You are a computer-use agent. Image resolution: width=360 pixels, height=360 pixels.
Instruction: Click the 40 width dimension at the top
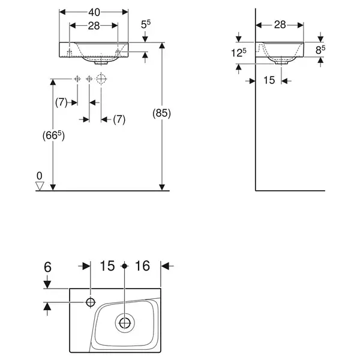pos(94,13)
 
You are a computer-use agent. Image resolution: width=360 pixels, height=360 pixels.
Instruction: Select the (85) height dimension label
pos(161,113)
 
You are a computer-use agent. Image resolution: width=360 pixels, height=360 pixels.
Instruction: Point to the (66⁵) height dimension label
pos(53,136)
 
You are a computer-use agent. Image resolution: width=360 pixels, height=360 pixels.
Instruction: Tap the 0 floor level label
pos(39,176)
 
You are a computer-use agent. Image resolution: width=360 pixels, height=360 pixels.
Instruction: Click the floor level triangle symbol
pos(40,186)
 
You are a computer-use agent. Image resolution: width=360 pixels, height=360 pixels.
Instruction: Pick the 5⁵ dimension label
pos(146,25)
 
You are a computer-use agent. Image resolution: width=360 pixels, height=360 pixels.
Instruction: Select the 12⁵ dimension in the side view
pos(239,53)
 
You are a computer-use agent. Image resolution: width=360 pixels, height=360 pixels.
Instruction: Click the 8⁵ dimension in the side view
pos(320,50)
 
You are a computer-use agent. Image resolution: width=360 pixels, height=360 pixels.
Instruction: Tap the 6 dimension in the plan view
pos(47,267)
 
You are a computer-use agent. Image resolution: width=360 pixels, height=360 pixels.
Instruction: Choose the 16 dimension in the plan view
pos(142,266)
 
